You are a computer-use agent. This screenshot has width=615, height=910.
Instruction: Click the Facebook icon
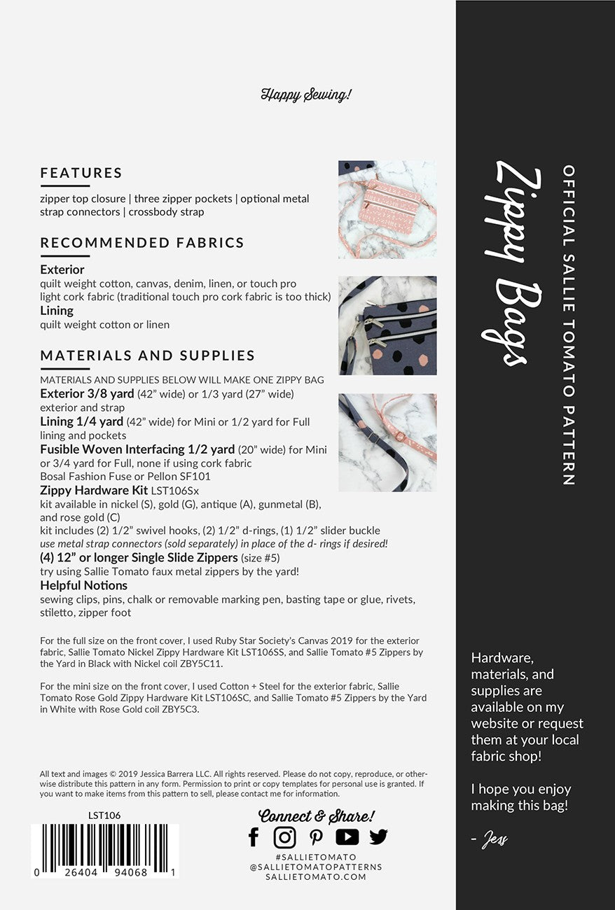[254, 836]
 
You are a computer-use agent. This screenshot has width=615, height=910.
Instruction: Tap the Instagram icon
[284, 836]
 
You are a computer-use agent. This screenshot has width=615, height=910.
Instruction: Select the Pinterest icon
[316, 837]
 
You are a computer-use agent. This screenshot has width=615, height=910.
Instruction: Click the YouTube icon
[347, 836]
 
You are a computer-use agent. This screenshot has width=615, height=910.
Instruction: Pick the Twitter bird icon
[378, 836]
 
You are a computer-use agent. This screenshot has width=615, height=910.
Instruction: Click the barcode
[105, 850]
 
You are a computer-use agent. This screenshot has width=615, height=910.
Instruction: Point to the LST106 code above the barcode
[105, 815]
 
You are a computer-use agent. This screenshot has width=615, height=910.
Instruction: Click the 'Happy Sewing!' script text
[306, 94]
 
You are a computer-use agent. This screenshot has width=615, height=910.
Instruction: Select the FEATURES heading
[81, 173]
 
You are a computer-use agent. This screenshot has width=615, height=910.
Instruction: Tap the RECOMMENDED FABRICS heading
[142, 243]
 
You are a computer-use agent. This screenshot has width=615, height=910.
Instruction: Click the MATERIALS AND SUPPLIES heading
[148, 356]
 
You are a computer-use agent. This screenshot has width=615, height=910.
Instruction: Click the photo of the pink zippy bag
[387, 209]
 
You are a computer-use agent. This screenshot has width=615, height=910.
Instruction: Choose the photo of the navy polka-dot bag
[387, 325]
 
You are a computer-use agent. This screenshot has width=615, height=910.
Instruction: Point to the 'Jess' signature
[495, 839]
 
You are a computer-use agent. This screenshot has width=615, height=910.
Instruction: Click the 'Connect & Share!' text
[317, 815]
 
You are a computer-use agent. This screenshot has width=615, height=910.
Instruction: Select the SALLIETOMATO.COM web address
[316, 876]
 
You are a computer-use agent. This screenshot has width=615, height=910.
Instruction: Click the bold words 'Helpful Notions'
[84, 585]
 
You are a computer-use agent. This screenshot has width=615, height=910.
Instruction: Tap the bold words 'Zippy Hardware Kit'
[93, 490]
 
